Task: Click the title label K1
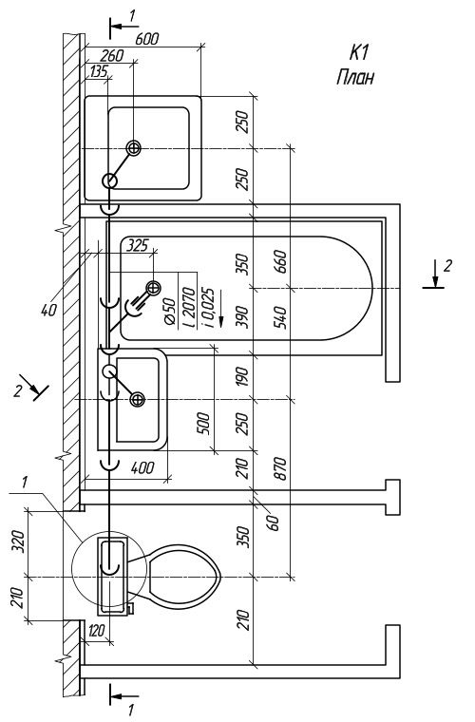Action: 359,53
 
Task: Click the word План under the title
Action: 355,77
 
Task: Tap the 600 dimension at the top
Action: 147,39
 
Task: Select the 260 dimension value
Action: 112,55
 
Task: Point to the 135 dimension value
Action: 99,71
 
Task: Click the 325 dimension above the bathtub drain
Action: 138,245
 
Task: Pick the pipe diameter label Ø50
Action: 170,313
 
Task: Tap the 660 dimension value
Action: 281,261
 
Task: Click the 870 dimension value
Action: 281,468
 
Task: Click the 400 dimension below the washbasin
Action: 143,467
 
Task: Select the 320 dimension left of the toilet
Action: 17,542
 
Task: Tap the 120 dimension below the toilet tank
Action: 96,630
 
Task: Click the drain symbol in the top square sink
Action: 134,148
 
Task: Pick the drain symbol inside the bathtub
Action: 153,288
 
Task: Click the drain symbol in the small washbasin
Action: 137,400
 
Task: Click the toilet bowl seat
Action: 183,577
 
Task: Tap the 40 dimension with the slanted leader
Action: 49,310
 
